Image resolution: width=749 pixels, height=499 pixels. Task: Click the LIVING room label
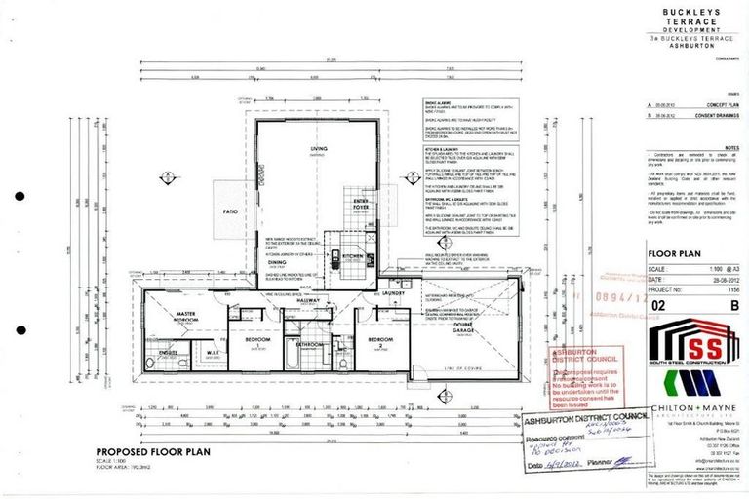click(x=318, y=149)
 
